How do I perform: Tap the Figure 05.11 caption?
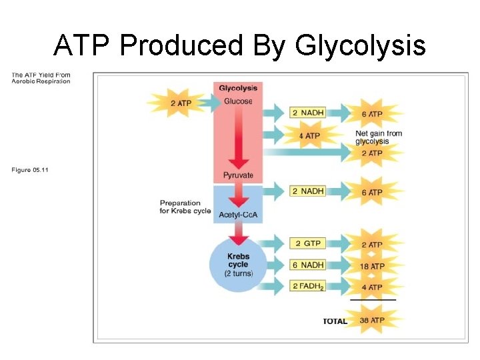point(30,170)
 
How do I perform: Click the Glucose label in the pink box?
point(238,101)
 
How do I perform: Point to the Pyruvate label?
point(238,176)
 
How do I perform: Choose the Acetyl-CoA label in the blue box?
point(238,215)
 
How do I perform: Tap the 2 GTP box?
point(307,243)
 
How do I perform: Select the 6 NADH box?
point(307,265)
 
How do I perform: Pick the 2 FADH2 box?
point(307,287)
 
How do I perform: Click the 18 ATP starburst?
point(372,266)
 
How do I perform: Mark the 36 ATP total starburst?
point(372,320)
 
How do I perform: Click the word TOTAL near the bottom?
point(335,321)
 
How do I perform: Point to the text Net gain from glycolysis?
point(379,137)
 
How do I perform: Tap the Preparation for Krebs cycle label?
point(185,207)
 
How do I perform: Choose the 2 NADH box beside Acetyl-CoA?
point(307,191)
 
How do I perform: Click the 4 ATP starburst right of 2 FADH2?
point(372,287)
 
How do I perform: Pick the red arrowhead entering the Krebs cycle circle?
point(238,239)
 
